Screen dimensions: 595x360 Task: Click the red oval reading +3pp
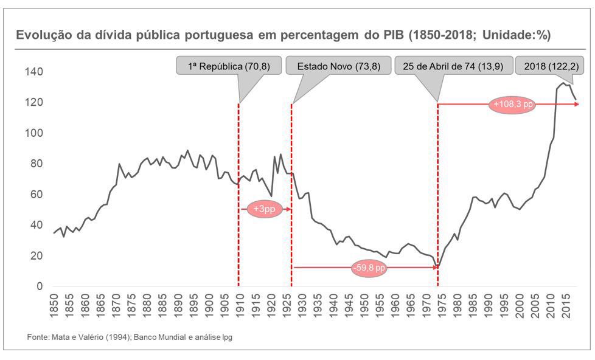[265, 209]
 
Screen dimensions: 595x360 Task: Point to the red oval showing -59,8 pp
[369, 268]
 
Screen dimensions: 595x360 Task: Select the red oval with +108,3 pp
[513, 105]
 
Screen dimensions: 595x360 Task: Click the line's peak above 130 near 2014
[563, 83]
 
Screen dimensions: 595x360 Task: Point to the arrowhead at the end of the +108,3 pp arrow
[577, 105]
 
